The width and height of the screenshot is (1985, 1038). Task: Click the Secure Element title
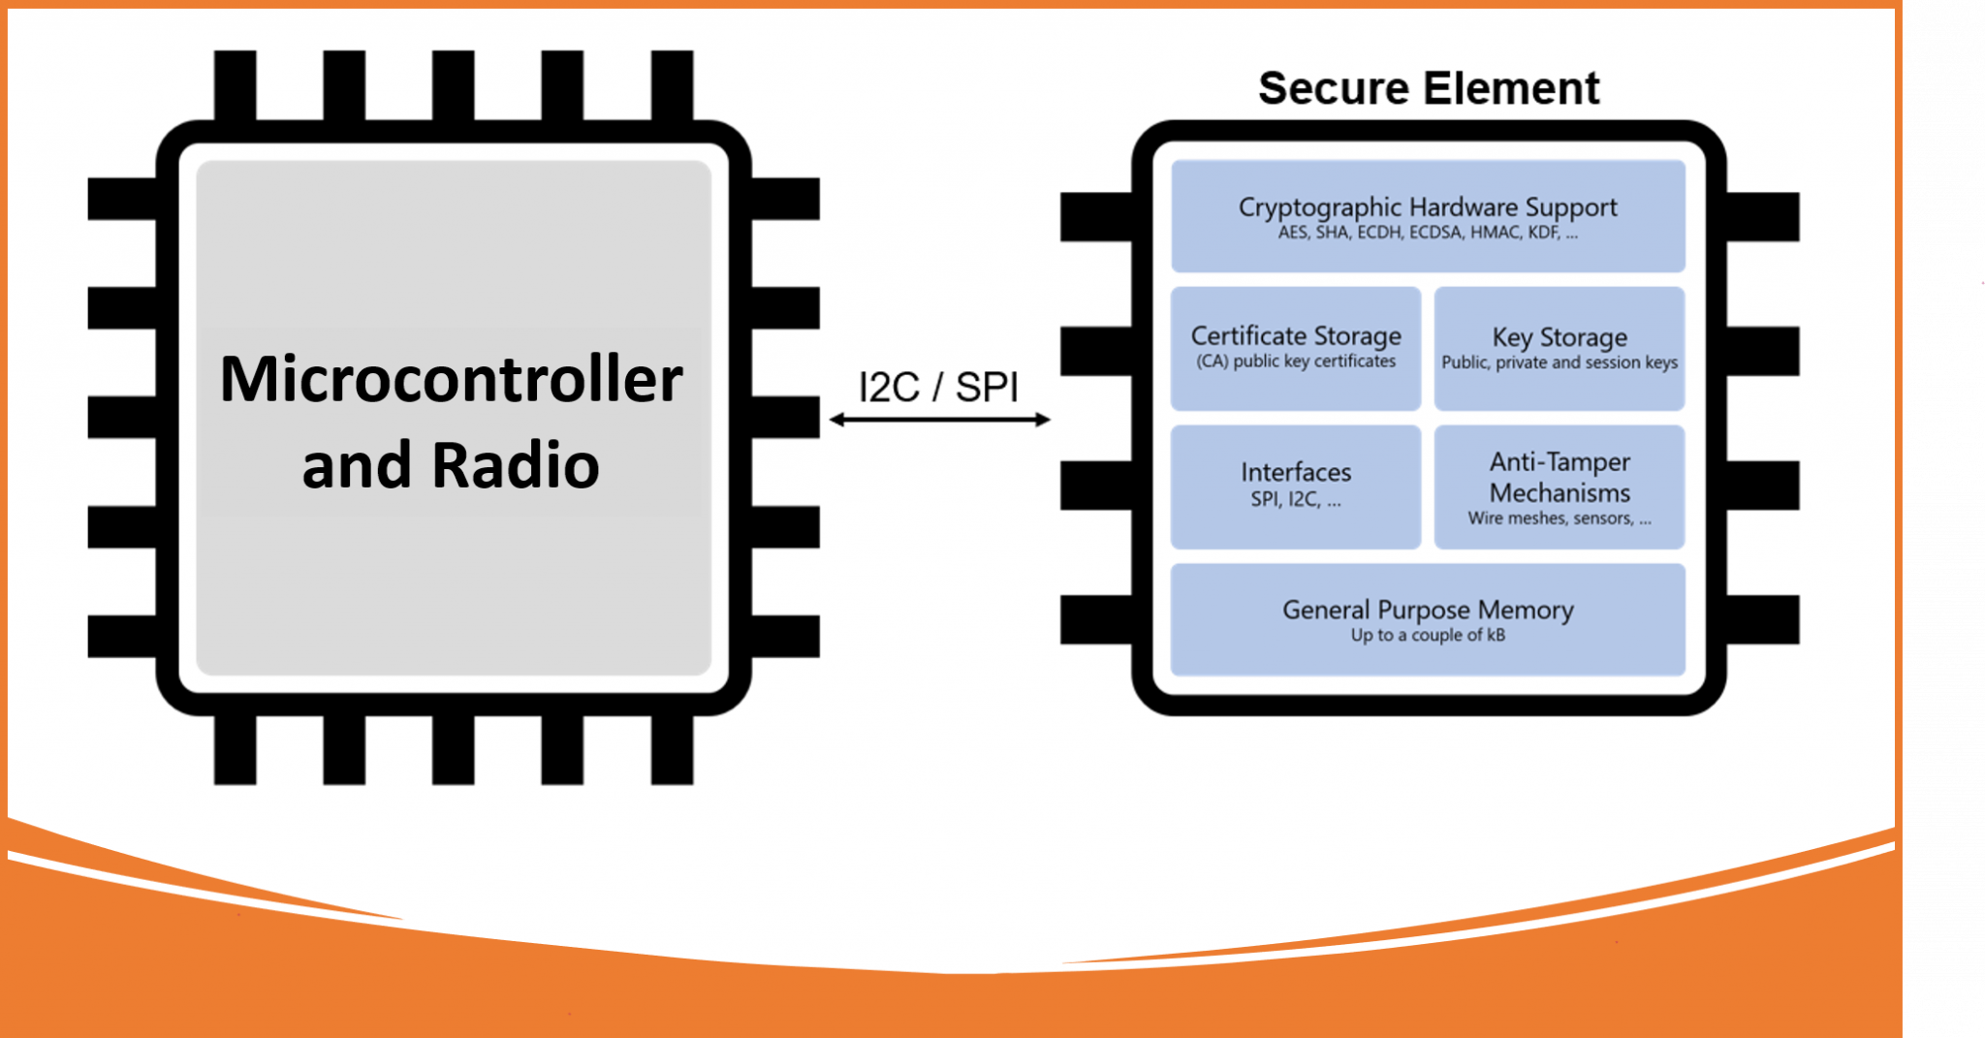pyautogui.click(x=1428, y=88)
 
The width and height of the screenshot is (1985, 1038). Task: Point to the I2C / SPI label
pyautogui.click(x=938, y=387)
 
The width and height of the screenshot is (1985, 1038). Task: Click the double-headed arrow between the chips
pyautogui.click(x=938, y=420)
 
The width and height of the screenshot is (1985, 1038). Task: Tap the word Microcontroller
pyautogui.click(x=451, y=379)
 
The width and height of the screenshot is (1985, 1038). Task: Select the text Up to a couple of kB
pyautogui.click(x=1428, y=636)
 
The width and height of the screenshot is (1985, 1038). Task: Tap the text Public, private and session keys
pyautogui.click(x=1559, y=362)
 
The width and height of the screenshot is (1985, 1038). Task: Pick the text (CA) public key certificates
pyautogui.click(x=1295, y=362)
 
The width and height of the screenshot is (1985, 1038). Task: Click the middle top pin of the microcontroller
pyautogui.click(x=453, y=85)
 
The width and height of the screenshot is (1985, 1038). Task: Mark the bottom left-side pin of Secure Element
pyautogui.click(x=1096, y=620)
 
